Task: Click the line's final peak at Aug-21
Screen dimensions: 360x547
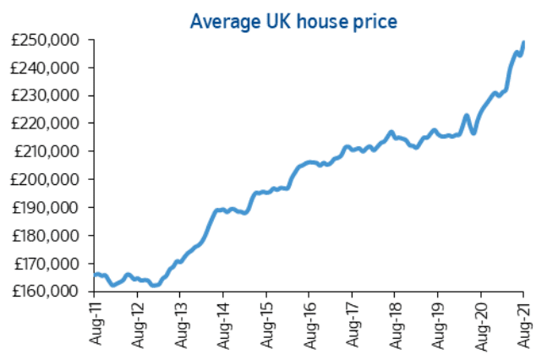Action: click(524, 42)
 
